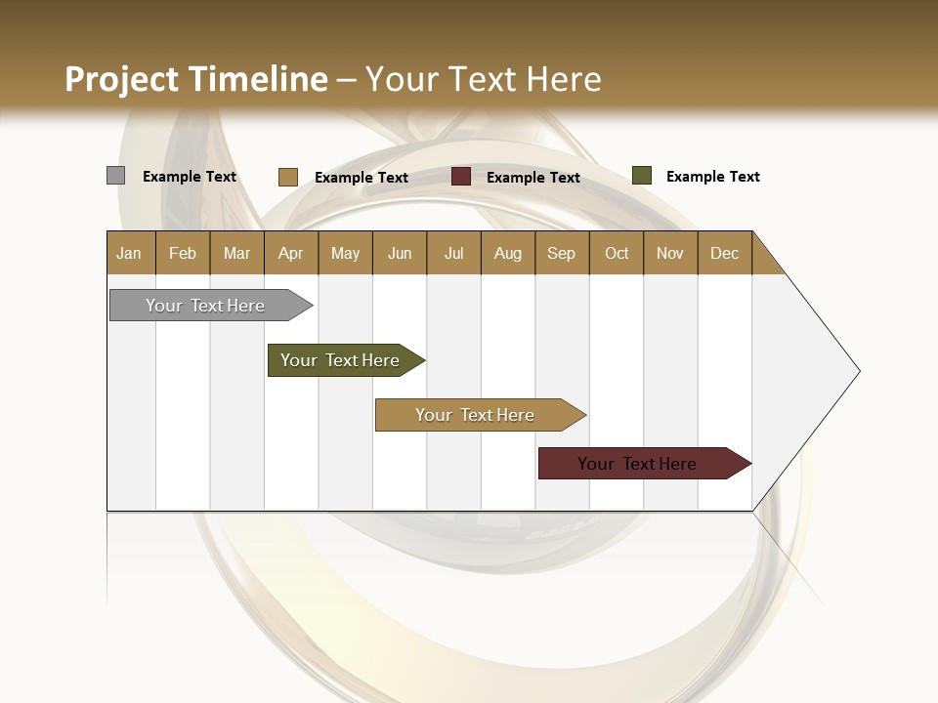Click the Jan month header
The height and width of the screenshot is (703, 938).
click(130, 253)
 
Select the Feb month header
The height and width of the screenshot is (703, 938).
click(183, 253)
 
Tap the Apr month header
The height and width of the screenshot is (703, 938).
click(291, 253)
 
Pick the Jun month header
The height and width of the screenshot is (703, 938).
click(400, 253)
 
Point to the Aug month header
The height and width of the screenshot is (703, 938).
click(508, 253)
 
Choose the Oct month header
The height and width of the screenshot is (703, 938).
click(617, 253)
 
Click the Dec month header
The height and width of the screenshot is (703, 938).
click(725, 253)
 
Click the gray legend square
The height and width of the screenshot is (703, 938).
click(115, 176)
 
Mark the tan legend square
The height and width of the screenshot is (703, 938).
click(287, 177)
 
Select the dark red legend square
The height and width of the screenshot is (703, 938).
click(461, 177)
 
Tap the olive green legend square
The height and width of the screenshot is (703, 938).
click(641, 176)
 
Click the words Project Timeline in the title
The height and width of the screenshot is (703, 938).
click(195, 79)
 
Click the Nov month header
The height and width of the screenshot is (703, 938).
click(670, 253)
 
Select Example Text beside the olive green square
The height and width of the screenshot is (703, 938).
click(712, 177)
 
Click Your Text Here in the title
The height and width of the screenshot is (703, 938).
click(484, 79)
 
